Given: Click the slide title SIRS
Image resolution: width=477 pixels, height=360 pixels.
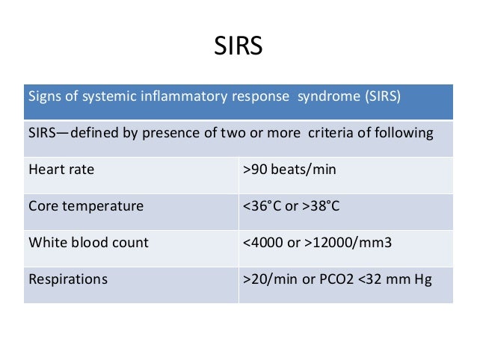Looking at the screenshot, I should click(238, 47).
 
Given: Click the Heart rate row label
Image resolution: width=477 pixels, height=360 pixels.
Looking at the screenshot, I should click(61, 170).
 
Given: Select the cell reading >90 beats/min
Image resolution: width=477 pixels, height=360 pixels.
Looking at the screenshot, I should click(290, 170).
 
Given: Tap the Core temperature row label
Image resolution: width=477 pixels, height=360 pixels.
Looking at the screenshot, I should click(85, 205).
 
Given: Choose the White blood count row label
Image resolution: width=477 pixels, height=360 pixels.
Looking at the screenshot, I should click(88, 242).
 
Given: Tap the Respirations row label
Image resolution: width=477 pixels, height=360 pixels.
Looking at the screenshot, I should click(68, 280).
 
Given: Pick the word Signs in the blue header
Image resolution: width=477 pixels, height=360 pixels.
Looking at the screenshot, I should click(43, 97).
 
